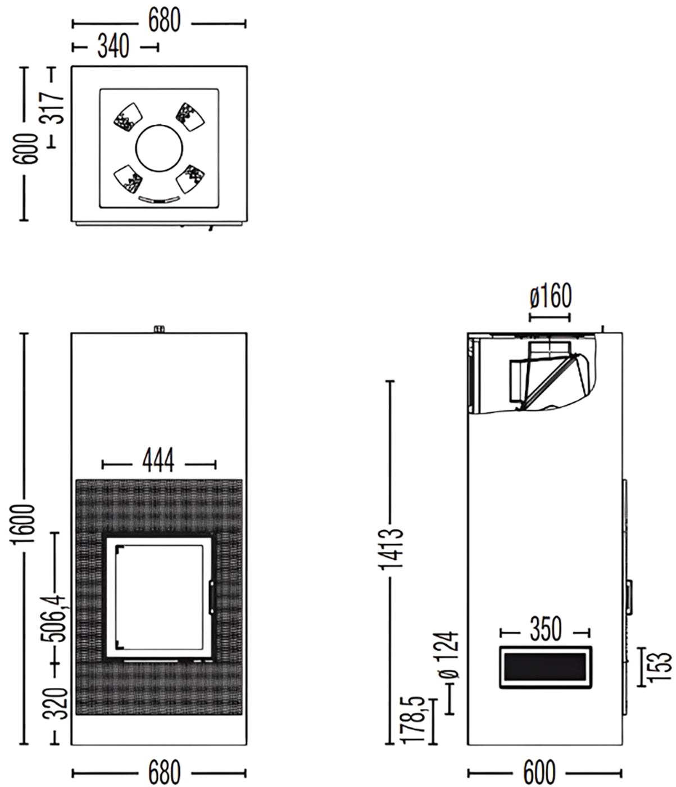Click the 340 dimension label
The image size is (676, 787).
click(x=114, y=47)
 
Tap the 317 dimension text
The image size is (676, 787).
click(x=52, y=107)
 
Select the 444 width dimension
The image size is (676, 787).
click(x=158, y=460)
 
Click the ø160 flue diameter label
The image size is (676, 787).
click(x=551, y=296)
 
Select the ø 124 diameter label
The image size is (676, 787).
click(x=448, y=655)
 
